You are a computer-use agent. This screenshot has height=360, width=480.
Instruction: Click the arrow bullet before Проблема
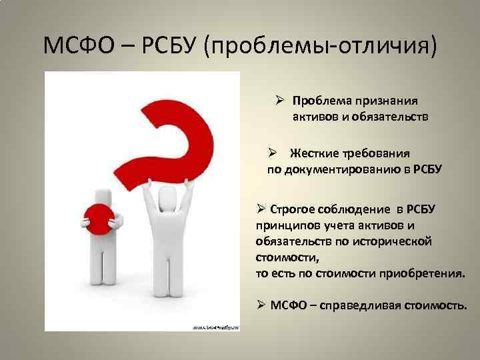pos(281,101)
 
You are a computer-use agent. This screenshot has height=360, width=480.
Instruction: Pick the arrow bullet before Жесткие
pos(272,153)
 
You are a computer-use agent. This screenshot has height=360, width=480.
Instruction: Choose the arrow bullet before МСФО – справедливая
pos(262,305)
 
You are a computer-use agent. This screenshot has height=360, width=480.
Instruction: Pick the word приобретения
pos(429,273)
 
